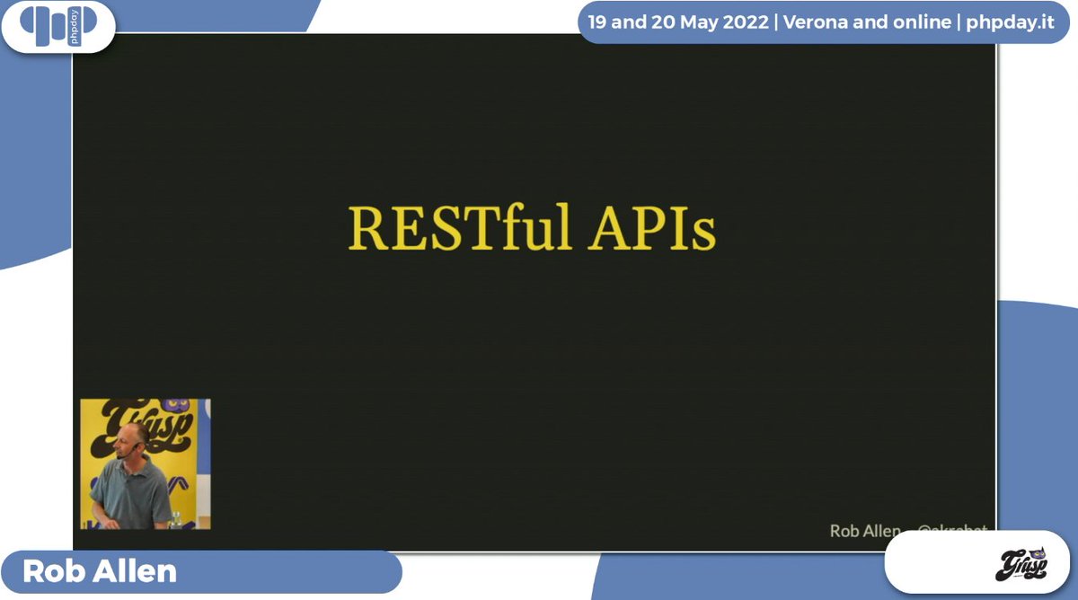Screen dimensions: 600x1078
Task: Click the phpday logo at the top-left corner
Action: pos(57,26)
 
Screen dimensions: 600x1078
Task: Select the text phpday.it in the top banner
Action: pos(1010,22)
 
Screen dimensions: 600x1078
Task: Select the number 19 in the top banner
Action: pos(597,22)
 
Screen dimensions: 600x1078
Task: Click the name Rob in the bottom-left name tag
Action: pos(52,572)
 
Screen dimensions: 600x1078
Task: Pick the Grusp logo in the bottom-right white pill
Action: pos(1023,566)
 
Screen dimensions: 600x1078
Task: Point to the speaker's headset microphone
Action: pos(121,454)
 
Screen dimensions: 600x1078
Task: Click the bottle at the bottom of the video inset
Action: pos(176,518)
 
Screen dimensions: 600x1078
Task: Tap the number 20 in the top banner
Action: pos(660,22)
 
